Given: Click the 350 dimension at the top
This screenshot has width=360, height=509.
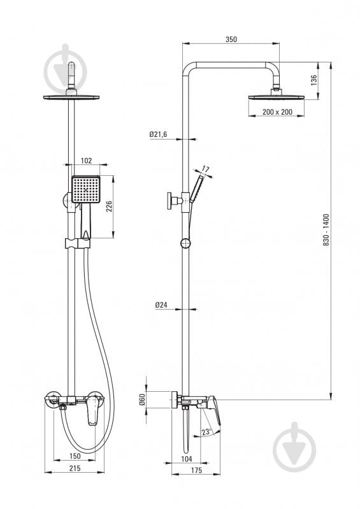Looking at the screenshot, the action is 231,39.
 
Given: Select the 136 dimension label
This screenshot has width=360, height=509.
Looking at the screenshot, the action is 313,80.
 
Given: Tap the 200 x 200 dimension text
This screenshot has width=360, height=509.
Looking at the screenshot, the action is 277,111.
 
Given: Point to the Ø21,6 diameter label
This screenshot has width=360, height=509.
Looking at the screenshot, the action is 158,134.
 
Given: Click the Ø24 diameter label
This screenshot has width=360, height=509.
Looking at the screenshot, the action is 161,305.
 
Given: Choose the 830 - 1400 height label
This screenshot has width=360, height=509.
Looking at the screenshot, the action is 326,229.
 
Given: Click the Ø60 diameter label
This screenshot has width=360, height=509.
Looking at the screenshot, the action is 142,399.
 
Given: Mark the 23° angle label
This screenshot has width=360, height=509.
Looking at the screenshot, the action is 206,432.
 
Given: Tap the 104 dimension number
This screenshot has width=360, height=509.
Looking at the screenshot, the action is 186,459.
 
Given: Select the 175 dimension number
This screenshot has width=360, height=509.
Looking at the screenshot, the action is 196,470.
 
